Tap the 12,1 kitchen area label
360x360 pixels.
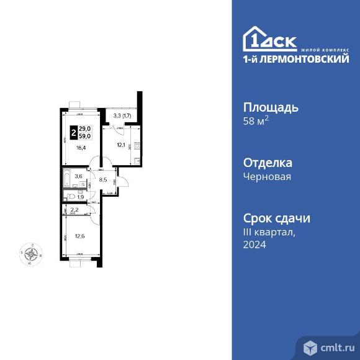(x=120, y=145)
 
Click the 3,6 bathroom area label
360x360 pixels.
(x=78, y=176)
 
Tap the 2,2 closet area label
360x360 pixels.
(x=74, y=211)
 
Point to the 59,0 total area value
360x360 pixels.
(x=86, y=136)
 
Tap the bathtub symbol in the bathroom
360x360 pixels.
(x=70, y=184)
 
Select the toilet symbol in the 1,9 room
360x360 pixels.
(x=71, y=196)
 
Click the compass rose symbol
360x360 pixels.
(x=31, y=253)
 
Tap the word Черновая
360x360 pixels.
(x=268, y=176)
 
